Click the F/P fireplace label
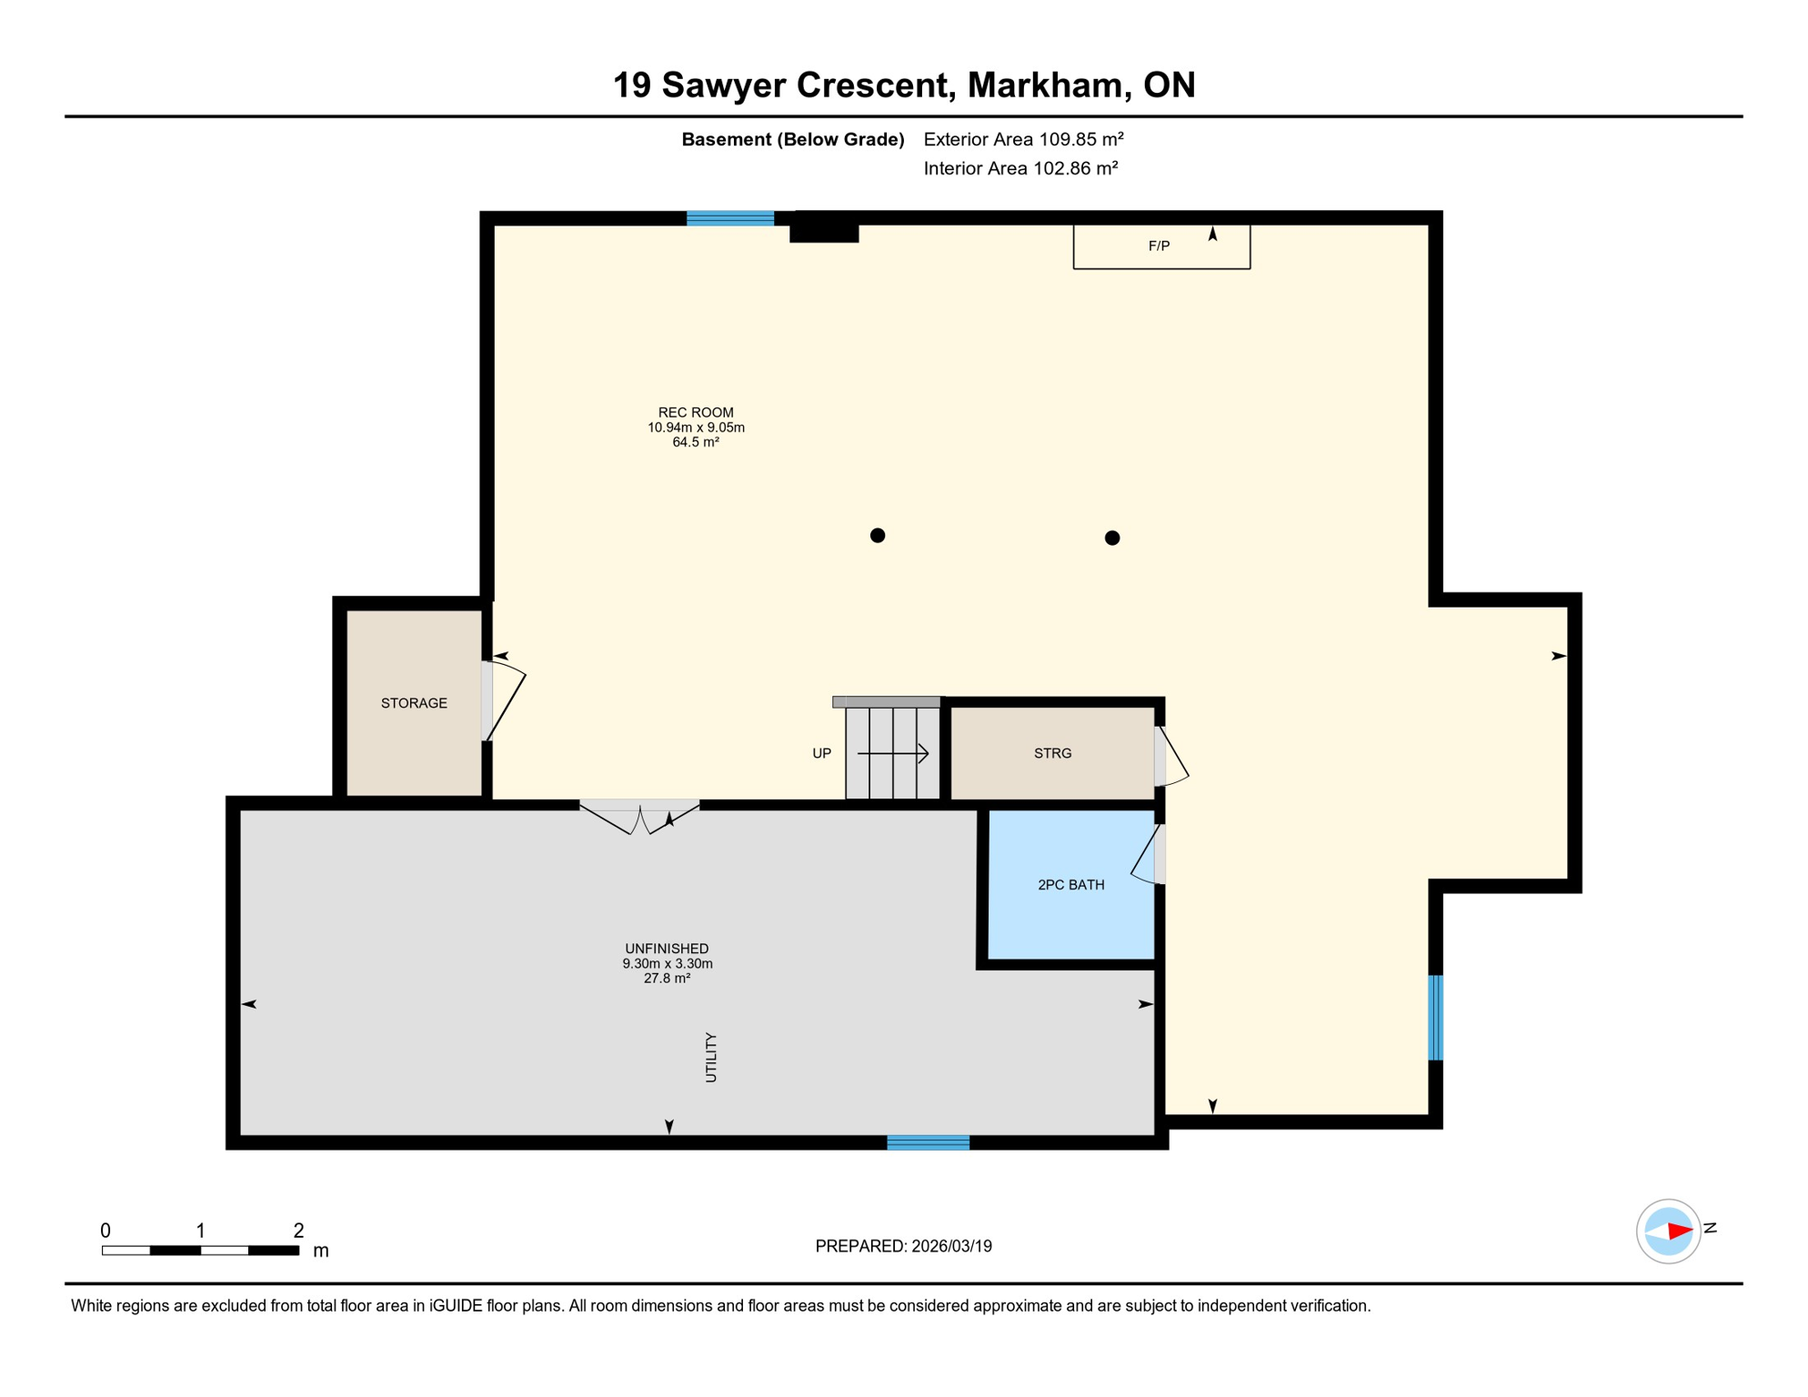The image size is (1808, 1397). click(x=1158, y=246)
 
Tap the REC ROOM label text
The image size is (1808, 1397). click(x=696, y=413)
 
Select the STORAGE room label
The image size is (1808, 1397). click(x=414, y=703)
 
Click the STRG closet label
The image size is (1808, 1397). click(x=1052, y=753)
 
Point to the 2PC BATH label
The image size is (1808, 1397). click(x=1070, y=885)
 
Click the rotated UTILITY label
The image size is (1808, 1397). click(x=711, y=1057)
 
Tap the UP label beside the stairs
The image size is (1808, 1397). click(x=821, y=753)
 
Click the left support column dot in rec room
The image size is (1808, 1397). click(x=878, y=536)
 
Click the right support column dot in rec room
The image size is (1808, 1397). click(x=1111, y=538)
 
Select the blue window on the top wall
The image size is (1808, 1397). click(x=729, y=218)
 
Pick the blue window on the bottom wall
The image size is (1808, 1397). click(x=928, y=1143)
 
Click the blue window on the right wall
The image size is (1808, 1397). click(x=1435, y=1018)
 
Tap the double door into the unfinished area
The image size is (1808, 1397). click(x=639, y=816)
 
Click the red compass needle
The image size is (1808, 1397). click(x=1679, y=1231)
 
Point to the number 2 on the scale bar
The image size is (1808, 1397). click(x=298, y=1231)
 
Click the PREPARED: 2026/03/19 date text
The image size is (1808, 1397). click(x=903, y=1246)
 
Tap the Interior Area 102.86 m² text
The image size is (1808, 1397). click(x=1020, y=168)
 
